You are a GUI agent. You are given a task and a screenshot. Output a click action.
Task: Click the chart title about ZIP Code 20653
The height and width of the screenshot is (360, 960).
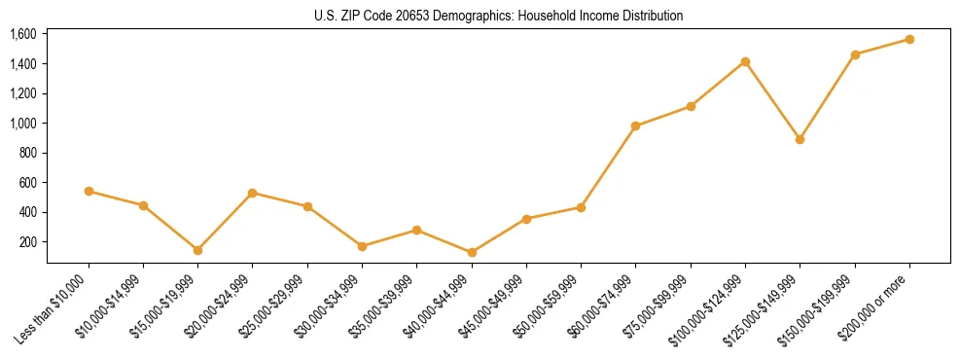[499, 17]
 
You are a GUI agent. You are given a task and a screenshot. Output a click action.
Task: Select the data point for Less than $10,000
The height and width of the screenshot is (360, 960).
[89, 192]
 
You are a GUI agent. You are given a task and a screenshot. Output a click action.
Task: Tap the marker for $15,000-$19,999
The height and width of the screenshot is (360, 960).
[197, 250]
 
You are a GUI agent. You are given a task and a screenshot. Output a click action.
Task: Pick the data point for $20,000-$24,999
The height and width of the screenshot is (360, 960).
[253, 193]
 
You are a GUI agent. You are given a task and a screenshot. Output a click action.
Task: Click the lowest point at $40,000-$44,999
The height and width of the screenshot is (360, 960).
[472, 252]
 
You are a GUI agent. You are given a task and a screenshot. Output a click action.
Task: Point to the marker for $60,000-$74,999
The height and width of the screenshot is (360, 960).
[635, 126]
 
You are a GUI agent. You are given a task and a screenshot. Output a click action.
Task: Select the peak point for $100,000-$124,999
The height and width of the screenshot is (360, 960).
[745, 61]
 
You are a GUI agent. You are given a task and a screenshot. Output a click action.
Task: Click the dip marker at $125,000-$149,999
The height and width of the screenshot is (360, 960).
[800, 139]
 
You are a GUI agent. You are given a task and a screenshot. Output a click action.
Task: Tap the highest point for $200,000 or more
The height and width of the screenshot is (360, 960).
[909, 39]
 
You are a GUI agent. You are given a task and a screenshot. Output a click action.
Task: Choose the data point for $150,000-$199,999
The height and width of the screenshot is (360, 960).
[855, 54]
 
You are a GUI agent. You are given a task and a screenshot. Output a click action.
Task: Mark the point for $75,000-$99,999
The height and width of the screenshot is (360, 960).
[691, 106]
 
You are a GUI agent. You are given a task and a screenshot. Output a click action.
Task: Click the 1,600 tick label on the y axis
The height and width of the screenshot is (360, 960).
[23, 34]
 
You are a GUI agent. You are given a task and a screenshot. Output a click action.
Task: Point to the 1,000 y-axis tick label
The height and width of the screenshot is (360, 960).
[23, 124]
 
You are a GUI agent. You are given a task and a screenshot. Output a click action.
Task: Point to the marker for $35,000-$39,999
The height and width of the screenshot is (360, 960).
[416, 231]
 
